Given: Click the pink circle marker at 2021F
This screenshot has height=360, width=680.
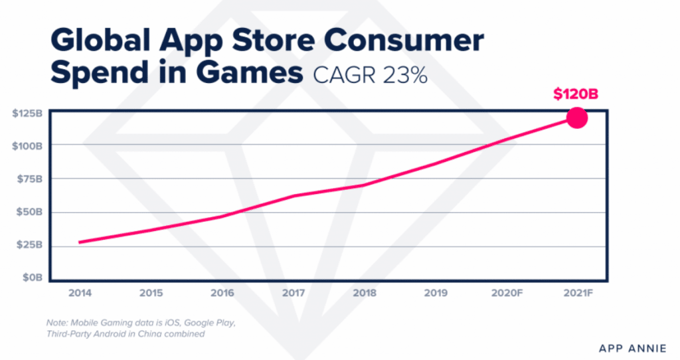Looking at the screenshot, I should click(x=576, y=119).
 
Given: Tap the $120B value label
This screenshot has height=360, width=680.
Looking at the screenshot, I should click(x=576, y=95).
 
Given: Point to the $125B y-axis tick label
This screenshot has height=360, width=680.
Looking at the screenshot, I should click(x=27, y=114).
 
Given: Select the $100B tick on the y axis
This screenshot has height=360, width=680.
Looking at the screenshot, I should click(x=27, y=145).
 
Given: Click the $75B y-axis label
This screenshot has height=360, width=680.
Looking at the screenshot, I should click(x=30, y=179).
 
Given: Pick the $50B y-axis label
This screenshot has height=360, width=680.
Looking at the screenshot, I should click(x=30, y=213).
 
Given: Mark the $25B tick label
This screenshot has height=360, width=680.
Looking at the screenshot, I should click(x=30, y=245).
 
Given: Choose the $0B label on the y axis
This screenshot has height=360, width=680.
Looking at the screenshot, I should click(x=33, y=277).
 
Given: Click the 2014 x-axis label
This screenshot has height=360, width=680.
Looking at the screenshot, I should click(x=80, y=292).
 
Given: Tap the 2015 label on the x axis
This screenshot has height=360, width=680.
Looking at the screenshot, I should click(x=151, y=292).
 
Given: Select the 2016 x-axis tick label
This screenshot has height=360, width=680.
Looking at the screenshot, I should click(x=222, y=292).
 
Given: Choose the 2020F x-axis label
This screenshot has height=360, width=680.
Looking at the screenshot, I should click(x=505, y=292).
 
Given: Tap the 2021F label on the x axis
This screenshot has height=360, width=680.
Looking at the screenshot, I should click(x=576, y=292).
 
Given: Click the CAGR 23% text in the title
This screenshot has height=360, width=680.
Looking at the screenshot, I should click(x=370, y=76).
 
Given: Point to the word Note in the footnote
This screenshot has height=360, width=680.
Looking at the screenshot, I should click(x=57, y=323).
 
